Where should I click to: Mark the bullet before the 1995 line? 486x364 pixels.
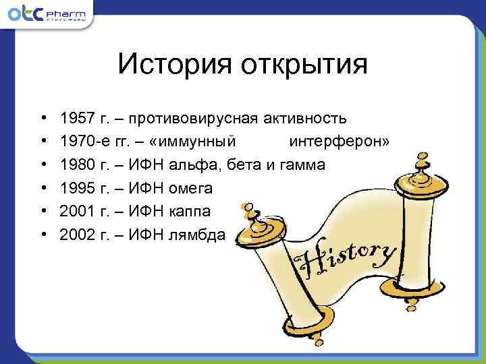click(x=43, y=188)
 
